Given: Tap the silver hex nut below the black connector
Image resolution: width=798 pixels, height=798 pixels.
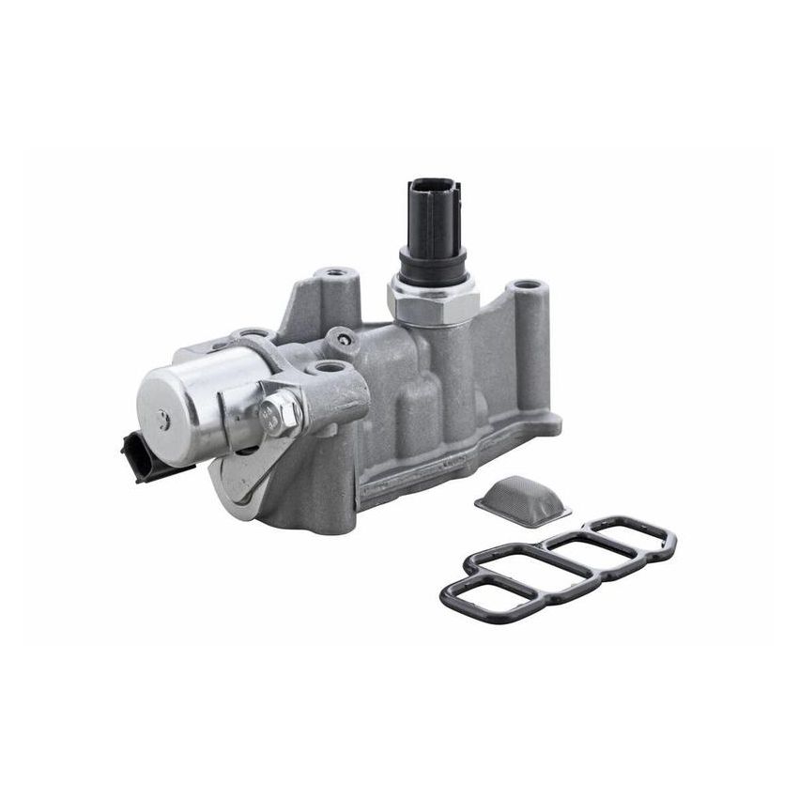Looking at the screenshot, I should [x=433, y=299].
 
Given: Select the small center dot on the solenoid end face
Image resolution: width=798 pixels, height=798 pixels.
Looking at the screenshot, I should [x=163, y=420].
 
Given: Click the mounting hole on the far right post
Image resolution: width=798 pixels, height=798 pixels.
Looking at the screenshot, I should [x=527, y=284].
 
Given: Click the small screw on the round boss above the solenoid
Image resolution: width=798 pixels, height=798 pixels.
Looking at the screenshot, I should [x=344, y=339].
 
